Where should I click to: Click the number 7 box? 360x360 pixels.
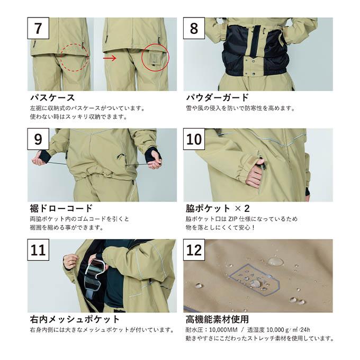(38, 28)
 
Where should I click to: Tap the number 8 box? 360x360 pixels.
(194, 28)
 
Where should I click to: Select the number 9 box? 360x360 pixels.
(38, 139)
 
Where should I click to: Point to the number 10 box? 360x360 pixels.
(194, 139)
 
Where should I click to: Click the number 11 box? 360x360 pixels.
(38, 250)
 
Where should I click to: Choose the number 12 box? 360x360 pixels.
(194, 250)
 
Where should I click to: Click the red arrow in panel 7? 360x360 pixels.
(110, 58)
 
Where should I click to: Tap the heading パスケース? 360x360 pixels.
(52, 97)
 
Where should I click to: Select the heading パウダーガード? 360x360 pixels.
(217, 97)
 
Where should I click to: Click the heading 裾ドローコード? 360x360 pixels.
(61, 209)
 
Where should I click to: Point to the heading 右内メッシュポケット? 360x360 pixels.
(75, 319)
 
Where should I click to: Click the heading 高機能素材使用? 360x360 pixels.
(217, 319)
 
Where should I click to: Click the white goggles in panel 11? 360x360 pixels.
(95, 275)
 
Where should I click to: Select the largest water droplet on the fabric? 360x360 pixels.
(275, 262)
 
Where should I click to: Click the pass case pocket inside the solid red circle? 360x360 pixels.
(155, 59)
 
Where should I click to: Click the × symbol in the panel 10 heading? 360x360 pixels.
(238, 209)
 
